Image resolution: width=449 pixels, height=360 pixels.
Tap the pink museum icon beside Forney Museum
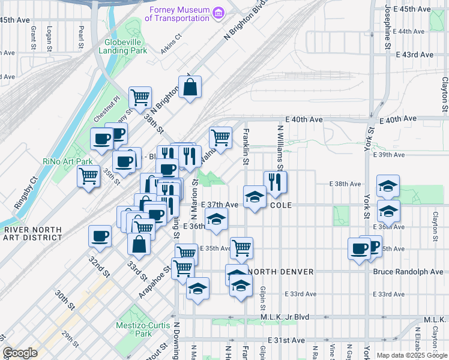[x=218, y=12]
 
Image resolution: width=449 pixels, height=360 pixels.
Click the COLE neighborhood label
[x=281, y=205]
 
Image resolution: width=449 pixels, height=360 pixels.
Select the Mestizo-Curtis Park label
[x=134, y=329]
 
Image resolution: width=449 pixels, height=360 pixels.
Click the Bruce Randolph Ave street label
[x=408, y=272]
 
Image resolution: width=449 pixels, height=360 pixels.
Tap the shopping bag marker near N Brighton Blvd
[x=190, y=88]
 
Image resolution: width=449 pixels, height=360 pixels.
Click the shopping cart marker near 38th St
[x=140, y=97]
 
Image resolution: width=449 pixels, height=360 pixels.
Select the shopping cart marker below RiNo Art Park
[x=89, y=176]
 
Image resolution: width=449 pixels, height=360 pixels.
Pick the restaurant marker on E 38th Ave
[x=275, y=181]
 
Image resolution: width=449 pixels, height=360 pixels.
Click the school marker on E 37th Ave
[x=255, y=196]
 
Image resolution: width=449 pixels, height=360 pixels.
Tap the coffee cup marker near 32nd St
[x=100, y=236]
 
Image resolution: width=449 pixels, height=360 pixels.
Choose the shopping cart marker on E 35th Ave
[x=241, y=247]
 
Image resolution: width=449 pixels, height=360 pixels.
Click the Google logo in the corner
[x=20, y=353]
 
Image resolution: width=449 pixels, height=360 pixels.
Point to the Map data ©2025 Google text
[x=412, y=355]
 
